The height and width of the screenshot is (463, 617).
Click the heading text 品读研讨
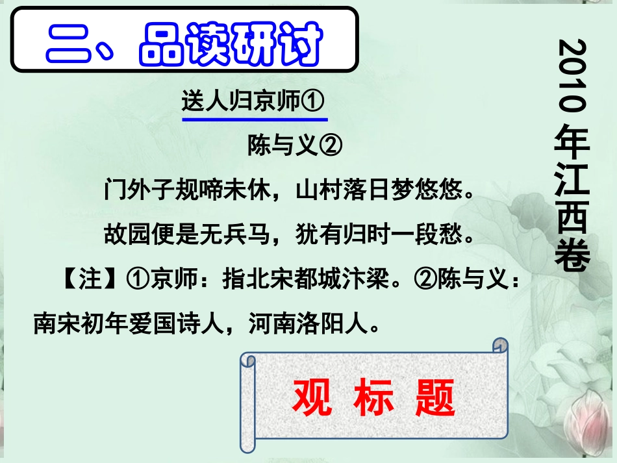(x=231, y=44)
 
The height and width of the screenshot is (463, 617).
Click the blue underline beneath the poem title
(x=255, y=119)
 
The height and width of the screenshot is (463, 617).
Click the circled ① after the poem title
(x=314, y=102)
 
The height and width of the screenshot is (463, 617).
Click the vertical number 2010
(x=572, y=75)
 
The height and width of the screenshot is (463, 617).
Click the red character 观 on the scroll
(x=312, y=397)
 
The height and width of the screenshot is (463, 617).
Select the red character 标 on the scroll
(x=373, y=397)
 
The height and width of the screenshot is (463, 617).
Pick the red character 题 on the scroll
(x=434, y=397)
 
